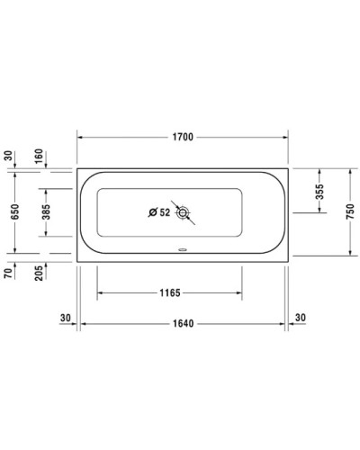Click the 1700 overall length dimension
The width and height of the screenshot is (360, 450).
tap(183, 139)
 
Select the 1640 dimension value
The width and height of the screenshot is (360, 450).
tap(183, 322)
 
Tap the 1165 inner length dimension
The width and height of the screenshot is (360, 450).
tap(169, 292)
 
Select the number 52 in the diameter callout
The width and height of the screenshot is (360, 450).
tap(164, 213)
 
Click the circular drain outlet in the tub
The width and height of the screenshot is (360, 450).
tap(184, 213)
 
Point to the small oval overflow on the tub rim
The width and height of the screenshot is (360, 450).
tap(183, 251)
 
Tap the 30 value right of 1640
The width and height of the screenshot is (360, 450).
tap(301, 317)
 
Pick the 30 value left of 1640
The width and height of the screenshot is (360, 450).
tap(65, 317)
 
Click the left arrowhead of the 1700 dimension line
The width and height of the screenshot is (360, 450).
tap(81, 139)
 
